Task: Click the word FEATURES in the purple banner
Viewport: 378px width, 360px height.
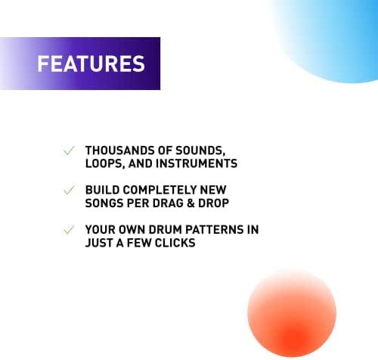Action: (x=91, y=64)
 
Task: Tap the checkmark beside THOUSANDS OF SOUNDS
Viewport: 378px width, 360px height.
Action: (x=69, y=151)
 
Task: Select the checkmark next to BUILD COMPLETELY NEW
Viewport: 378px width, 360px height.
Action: (x=69, y=190)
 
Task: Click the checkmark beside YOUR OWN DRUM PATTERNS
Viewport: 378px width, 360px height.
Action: (x=69, y=230)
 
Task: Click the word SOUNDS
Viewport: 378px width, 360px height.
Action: (x=200, y=151)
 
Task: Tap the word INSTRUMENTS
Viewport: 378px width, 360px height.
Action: (x=197, y=163)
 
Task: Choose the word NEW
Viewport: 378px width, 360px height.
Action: (x=213, y=190)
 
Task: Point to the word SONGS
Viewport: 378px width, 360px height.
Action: (x=104, y=203)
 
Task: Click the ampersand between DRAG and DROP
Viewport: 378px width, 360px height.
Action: (x=191, y=203)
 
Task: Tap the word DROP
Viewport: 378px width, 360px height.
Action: (x=214, y=203)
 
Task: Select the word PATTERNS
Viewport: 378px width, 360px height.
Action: (x=215, y=230)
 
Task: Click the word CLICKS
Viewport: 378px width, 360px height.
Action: (x=175, y=243)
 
